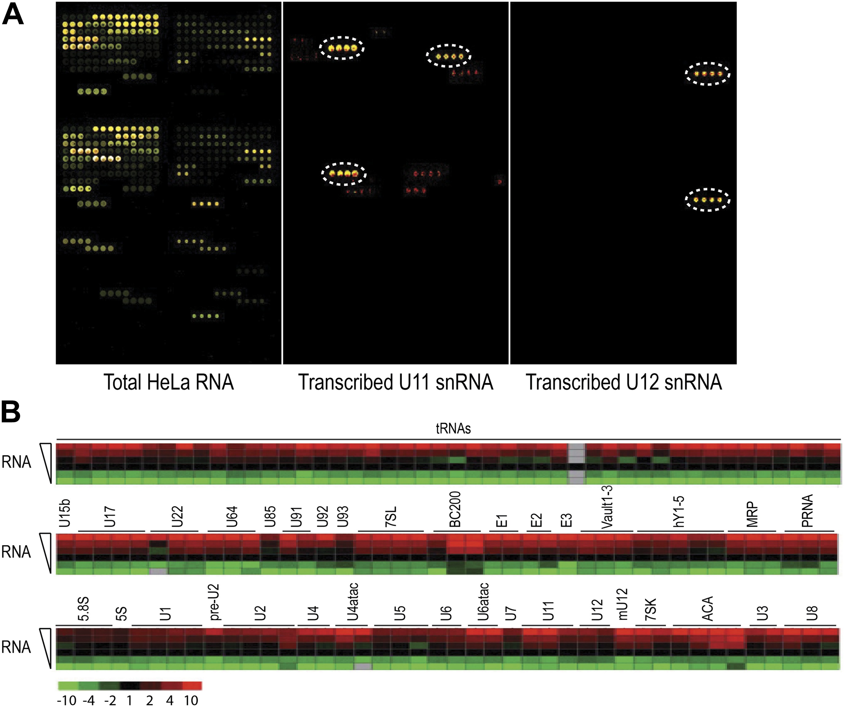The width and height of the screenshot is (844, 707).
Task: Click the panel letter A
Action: tap(13, 16)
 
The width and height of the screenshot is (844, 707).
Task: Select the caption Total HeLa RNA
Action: tap(169, 382)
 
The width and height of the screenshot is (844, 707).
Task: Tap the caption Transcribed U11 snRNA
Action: tap(396, 382)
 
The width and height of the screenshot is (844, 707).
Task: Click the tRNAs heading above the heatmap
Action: tap(453, 429)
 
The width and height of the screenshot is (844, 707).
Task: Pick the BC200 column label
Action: tap(455, 509)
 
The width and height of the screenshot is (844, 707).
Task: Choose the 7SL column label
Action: tap(391, 516)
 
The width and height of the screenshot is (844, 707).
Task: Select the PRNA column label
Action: tap(807, 511)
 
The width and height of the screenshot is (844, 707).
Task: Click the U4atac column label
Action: tap(352, 602)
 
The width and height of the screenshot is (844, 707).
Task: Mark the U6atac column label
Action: tap(484, 602)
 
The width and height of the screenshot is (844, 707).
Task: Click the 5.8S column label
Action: tap(83, 609)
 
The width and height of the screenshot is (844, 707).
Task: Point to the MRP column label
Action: tap(752, 514)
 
